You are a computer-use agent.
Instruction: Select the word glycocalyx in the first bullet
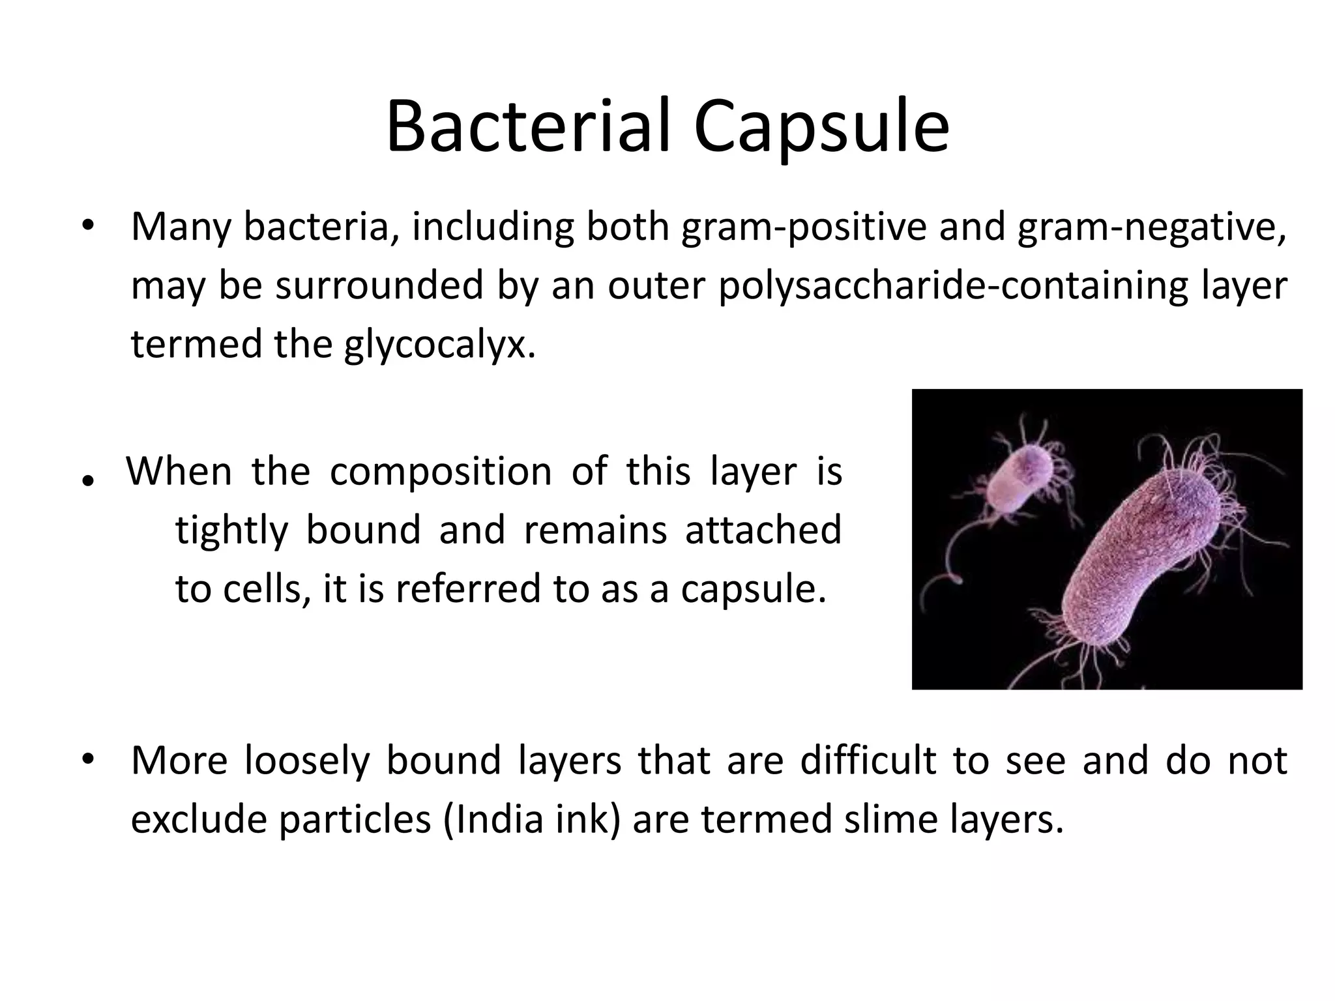pyautogui.click(x=440, y=345)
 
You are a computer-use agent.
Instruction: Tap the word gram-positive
pyautogui.click(x=804, y=227)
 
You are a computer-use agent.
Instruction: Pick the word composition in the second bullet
pyautogui.click(x=441, y=472)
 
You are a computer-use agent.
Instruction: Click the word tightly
pyautogui.click(x=231, y=530)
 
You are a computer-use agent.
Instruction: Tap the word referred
pyautogui.click(x=468, y=589)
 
